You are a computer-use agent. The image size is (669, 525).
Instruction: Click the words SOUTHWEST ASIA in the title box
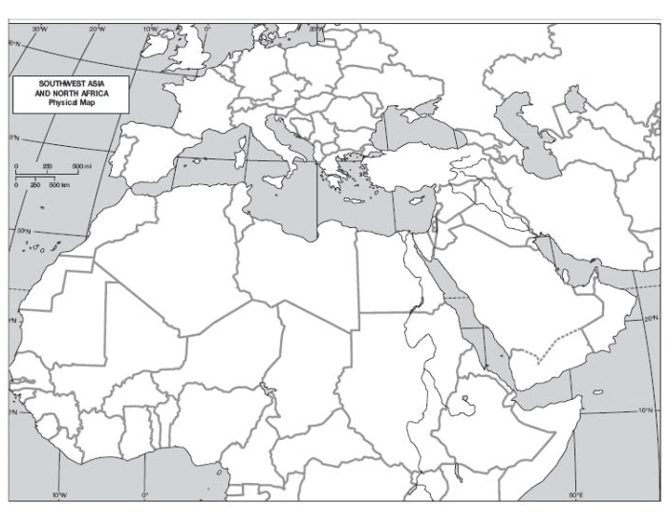pyautogui.click(x=70, y=84)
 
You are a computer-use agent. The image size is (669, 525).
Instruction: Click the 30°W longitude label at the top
pyautogui.click(x=39, y=31)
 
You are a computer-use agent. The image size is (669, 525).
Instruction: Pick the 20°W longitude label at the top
pyautogui.click(x=97, y=31)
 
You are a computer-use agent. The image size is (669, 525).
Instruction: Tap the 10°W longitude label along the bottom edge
pyautogui.click(x=59, y=494)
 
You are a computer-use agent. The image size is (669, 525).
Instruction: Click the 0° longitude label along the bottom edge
pyautogui.click(x=145, y=494)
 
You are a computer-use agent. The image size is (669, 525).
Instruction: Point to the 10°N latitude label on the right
pyautogui.click(x=648, y=409)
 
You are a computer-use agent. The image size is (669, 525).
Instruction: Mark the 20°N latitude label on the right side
pyautogui.click(x=651, y=319)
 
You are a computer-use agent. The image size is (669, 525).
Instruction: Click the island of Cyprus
pyautogui.click(x=415, y=201)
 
